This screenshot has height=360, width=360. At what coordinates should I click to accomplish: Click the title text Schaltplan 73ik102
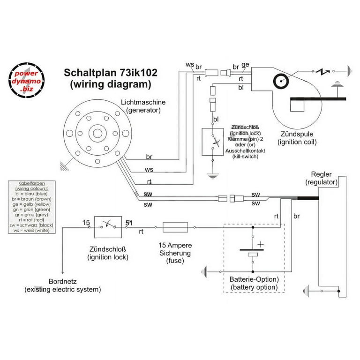[x=110, y=74]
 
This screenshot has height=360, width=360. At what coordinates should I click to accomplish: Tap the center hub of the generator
[x=97, y=133]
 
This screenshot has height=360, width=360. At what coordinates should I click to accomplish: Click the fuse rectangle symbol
[x=175, y=227]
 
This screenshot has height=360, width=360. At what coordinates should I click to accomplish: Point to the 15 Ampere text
[x=174, y=245]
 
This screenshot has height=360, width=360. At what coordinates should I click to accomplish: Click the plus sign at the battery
[x=260, y=244]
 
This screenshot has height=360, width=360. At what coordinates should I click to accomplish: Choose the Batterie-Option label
[x=254, y=279]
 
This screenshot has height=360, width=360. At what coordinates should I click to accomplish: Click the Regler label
[x=322, y=174]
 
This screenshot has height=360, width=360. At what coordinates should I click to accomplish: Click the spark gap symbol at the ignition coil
[x=322, y=72]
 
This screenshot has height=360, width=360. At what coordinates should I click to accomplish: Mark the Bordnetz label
[x=62, y=282]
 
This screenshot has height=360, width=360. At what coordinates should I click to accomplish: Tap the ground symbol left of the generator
[x=62, y=165]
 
